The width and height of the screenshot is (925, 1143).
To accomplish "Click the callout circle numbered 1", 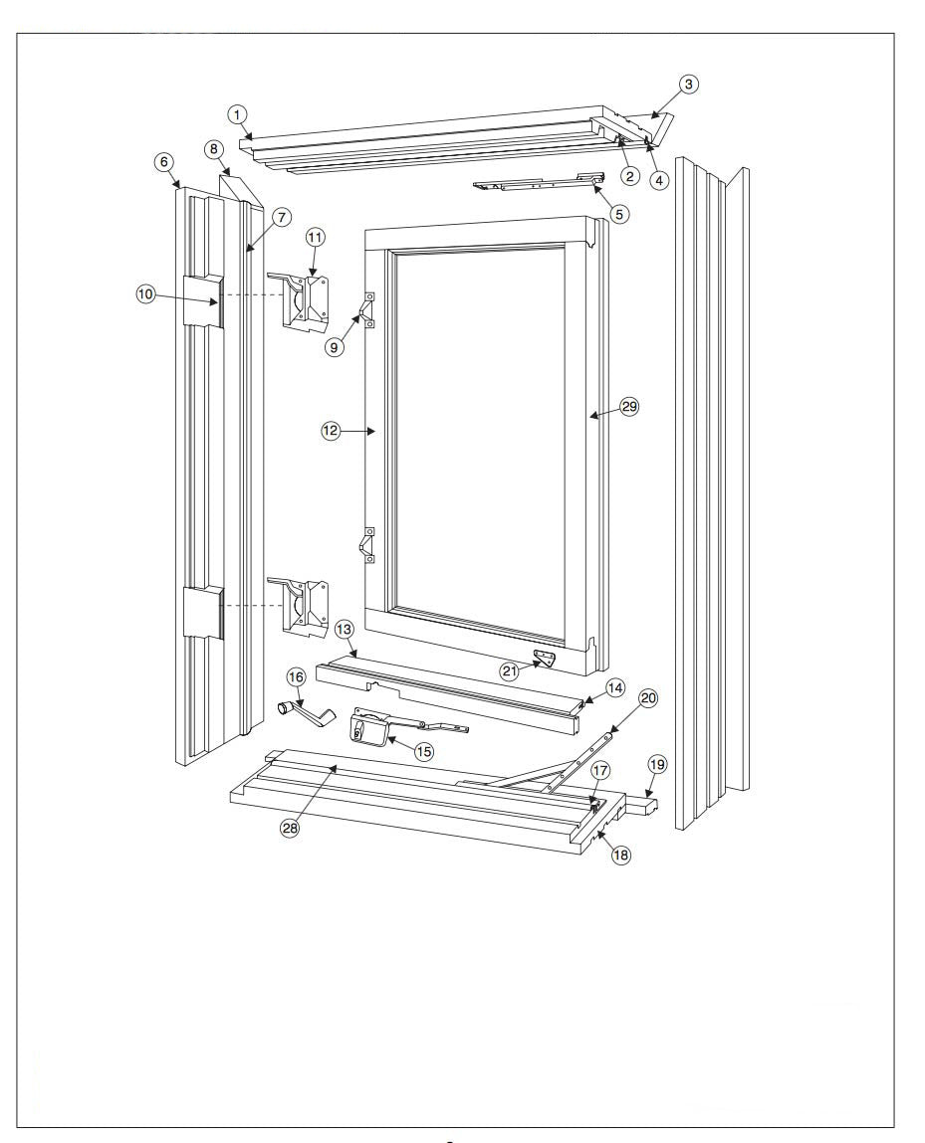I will pyautogui.click(x=238, y=113).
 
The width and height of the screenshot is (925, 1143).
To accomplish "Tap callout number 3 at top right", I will pyautogui.click(x=689, y=85).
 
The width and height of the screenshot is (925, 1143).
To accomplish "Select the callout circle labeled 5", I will pyautogui.click(x=620, y=213).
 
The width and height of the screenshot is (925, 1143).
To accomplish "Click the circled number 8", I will pyautogui.click(x=213, y=149).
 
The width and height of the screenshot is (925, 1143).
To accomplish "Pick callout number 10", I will pyautogui.click(x=146, y=294).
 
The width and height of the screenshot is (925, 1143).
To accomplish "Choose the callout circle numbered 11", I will pyautogui.click(x=315, y=237).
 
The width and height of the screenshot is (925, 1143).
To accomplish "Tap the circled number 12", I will pyautogui.click(x=331, y=431).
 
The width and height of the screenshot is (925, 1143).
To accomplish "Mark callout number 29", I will pyautogui.click(x=628, y=406).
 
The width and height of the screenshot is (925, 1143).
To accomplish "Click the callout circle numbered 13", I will pyautogui.click(x=344, y=629).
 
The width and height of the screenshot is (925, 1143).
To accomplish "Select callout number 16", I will pyautogui.click(x=296, y=676).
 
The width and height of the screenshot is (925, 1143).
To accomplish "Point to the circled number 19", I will pyautogui.click(x=656, y=764).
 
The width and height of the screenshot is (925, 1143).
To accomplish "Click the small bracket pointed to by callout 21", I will pyautogui.click(x=544, y=659).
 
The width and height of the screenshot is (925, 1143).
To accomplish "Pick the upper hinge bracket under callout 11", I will pyautogui.click(x=303, y=302).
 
